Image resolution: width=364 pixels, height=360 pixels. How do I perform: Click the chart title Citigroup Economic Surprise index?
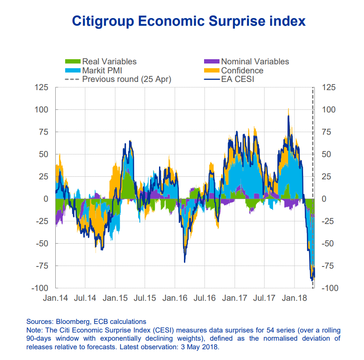pyautogui.click(x=189, y=21)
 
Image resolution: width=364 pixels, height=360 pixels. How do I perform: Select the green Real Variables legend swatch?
pyautogui.click(x=72, y=62)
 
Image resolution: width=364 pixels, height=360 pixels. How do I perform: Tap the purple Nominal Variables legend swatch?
pyautogui.click(x=211, y=62)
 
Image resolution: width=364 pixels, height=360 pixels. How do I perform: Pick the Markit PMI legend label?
pyautogui.click(x=102, y=70)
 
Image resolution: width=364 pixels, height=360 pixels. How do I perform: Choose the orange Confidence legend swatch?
pyautogui.click(x=211, y=70)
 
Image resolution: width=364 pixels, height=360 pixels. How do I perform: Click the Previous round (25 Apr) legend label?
pyautogui.click(x=126, y=79)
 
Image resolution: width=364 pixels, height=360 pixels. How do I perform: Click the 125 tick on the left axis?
pyautogui.click(x=42, y=88)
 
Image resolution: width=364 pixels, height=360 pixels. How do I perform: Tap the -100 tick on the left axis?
pyautogui.click(x=40, y=288)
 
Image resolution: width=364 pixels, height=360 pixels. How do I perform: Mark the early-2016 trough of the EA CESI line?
pyautogui.click(x=184, y=262)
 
